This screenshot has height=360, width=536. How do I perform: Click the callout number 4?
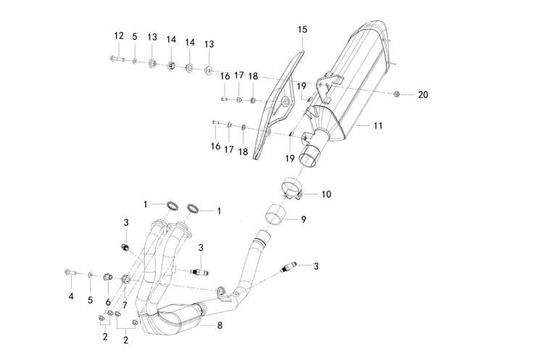click(x=71, y=297)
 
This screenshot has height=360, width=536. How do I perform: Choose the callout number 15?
click(x=303, y=30)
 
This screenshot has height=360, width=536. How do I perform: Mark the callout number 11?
click(x=377, y=126)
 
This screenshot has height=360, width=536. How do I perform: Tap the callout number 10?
click(x=326, y=194)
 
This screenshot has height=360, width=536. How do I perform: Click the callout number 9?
click(x=304, y=218)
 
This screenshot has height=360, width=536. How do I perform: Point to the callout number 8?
click(x=219, y=325)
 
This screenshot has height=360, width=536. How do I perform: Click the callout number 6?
click(x=108, y=301)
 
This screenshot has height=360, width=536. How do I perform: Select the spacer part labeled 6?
click(x=107, y=277)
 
